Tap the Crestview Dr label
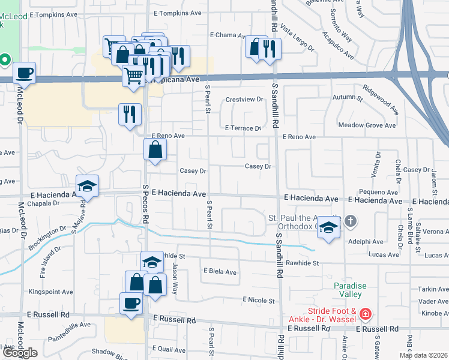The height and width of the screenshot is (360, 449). click(x=244, y=99)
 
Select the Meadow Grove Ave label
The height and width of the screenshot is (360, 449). click(x=367, y=125)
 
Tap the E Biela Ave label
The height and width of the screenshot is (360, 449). click(x=220, y=272)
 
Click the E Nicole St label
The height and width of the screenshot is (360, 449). click(x=259, y=300)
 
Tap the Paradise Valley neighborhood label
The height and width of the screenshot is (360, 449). click(x=348, y=290)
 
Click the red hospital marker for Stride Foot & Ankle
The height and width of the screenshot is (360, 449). click(x=366, y=314)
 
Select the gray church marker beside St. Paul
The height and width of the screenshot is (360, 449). click(x=351, y=223)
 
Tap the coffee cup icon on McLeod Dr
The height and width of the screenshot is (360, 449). click(x=24, y=73)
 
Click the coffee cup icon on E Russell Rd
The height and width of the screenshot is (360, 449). click(x=131, y=303)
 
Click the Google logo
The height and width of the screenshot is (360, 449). click(x=19, y=353)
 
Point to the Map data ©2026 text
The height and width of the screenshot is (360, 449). click(x=423, y=355)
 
